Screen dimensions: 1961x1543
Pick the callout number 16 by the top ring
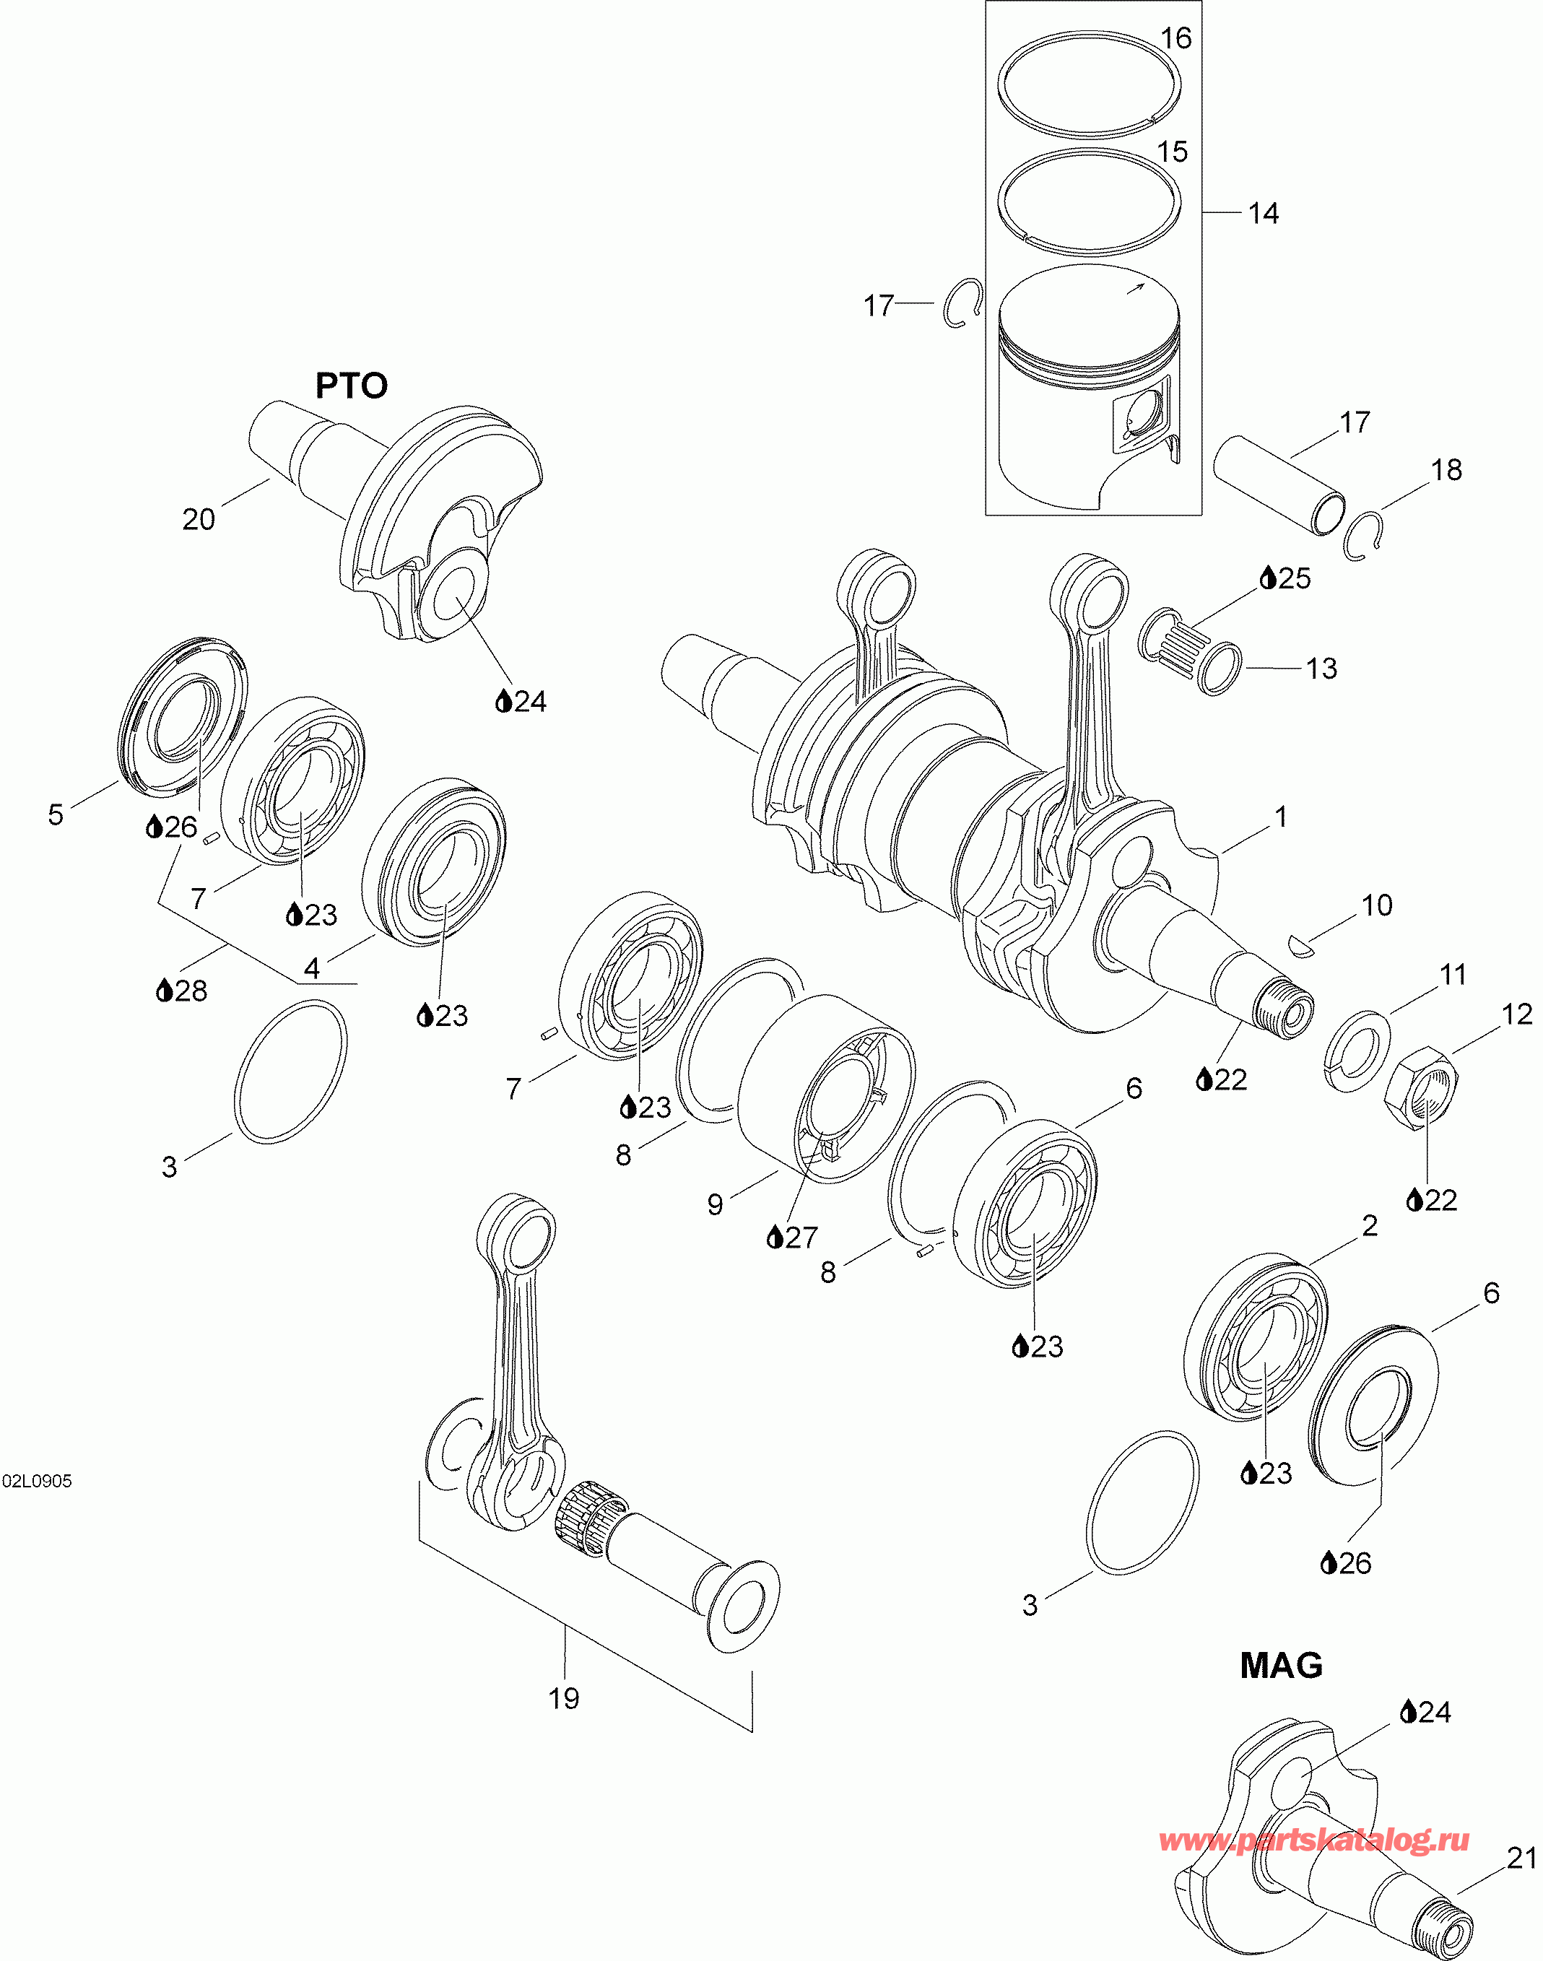pos(1175,38)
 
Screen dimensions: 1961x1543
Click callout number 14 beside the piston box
pos(1263,213)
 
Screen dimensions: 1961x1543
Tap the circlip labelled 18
pos(1364,536)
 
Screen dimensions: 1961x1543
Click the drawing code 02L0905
pos(36,1482)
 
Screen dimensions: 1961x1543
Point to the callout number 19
pos(564,1698)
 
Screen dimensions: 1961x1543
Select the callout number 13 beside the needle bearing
pos(1321,669)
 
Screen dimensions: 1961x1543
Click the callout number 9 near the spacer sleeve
pos(715,1205)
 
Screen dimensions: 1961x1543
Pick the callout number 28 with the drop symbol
pos(191,990)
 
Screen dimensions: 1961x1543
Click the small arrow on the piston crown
pos(1134,288)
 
